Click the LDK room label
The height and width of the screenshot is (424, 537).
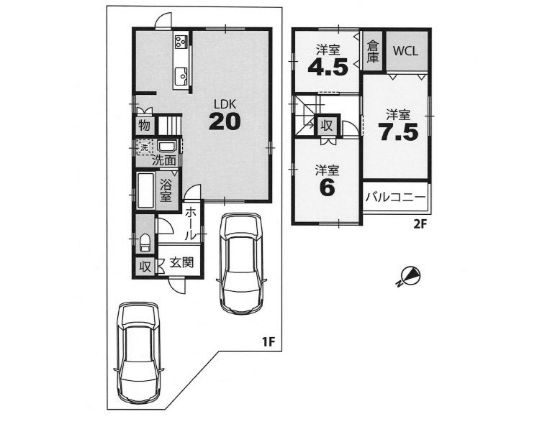(225, 104)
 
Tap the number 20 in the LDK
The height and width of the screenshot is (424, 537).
(225, 121)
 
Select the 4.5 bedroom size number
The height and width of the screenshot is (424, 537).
(328, 67)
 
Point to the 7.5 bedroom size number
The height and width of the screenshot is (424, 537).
(398, 132)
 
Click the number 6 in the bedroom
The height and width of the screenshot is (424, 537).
(327, 188)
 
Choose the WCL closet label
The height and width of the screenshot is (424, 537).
(405, 51)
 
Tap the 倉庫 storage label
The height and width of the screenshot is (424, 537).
(373, 52)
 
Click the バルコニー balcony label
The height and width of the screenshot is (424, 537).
(395, 198)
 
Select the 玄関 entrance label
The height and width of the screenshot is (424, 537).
(181, 262)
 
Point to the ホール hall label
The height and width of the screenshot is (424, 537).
(191, 223)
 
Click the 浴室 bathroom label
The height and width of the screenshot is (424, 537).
(166, 191)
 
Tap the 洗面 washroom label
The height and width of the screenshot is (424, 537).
(164, 160)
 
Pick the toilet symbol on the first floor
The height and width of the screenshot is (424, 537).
(145, 242)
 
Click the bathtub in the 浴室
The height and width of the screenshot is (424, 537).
(145, 190)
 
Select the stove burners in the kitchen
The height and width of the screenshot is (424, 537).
(181, 42)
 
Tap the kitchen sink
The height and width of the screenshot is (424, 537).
(181, 76)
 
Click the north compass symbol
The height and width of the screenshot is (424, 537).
(410, 276)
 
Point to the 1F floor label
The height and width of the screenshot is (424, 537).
(268, 341)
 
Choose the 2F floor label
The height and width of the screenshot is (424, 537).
(420, 224)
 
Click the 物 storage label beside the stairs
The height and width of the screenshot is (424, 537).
(145, 126)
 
